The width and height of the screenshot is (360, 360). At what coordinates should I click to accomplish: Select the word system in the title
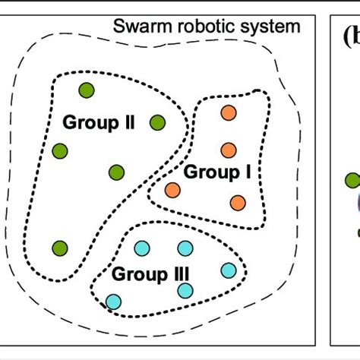tap(267, 29)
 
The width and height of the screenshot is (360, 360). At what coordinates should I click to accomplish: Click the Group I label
tap(218, 172)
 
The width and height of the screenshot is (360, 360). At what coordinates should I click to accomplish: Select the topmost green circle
tap(87, 90)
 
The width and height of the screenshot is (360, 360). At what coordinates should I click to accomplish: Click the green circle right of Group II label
tap(157, 122)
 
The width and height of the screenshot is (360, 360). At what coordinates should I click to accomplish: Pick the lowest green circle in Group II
tap(59, 248)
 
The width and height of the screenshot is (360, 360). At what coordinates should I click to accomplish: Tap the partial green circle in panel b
tap(353, 181)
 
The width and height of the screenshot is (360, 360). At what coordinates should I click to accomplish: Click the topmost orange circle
tap(227, 112)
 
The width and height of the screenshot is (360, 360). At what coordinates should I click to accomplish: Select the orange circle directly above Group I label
tap(227, 150)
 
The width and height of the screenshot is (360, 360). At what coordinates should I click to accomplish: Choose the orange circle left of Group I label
tap(172, 190)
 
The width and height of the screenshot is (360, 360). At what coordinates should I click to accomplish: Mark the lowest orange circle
tap(238, 202)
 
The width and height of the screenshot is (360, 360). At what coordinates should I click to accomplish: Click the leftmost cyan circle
tap(113, 302)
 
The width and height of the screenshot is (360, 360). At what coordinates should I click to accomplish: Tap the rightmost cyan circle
tap(229, 270)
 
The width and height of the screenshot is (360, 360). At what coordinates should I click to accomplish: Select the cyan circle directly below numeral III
tap(185, 289)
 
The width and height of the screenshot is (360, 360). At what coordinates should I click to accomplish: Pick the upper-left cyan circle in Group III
tap(141, 248)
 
